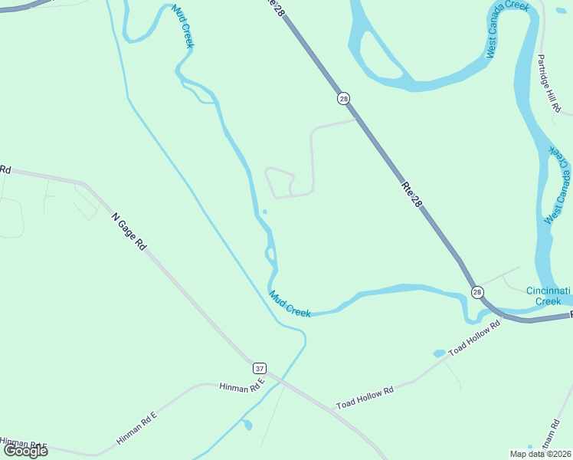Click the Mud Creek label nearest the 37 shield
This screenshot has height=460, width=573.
click(290, 304)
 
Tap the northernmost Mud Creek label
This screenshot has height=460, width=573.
click(182, 26)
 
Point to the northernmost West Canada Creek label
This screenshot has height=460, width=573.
click(508, 30)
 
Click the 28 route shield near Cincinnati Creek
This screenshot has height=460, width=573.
click(477, 293)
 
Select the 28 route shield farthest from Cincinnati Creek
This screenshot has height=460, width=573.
click(343, 98)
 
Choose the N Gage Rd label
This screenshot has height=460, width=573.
click(129, 232)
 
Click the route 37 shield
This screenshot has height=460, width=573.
click(259, 367)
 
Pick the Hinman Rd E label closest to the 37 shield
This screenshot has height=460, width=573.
click(241, 387)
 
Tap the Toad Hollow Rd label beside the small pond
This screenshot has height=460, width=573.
click(474, 338)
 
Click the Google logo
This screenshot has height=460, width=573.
click(26, 451)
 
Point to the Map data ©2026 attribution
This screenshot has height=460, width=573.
click(541, 453)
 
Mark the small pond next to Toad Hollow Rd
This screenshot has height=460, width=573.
click(439, 353)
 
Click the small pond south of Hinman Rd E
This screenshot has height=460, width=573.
click(247, 424)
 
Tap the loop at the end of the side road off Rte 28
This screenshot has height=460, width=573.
click(280, 182)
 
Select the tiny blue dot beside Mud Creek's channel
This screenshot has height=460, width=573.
click(264, 212)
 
